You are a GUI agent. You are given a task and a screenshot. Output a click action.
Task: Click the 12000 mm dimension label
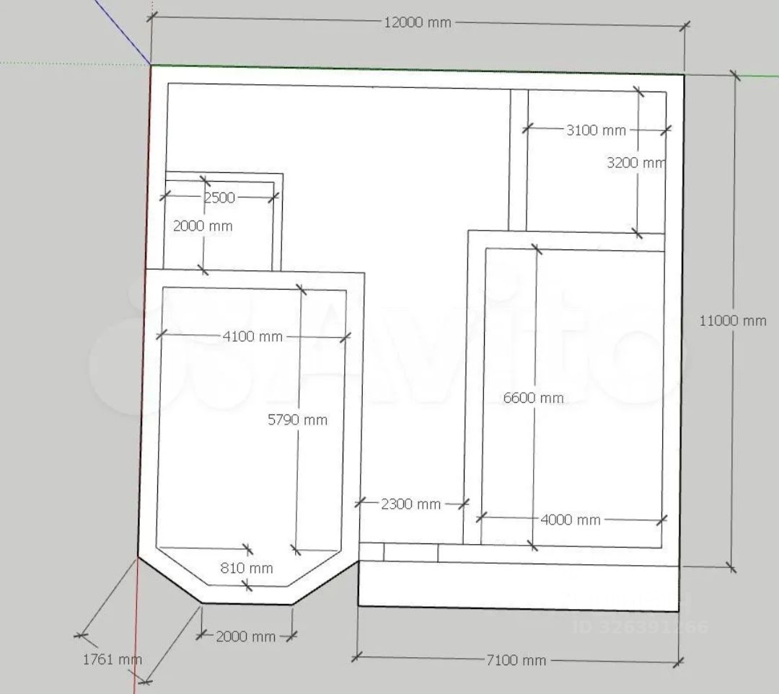click(418, 22)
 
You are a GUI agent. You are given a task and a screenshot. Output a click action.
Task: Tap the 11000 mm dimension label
click(733, 321)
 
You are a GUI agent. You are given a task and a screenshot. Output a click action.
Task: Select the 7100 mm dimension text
click(516, 660)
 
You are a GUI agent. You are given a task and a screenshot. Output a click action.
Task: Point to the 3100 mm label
click(597, 130)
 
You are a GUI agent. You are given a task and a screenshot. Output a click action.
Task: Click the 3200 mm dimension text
click(636, 162)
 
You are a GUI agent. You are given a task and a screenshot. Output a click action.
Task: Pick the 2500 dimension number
click(219, 197)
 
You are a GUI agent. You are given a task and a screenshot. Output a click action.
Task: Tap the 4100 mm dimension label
click(252, 337)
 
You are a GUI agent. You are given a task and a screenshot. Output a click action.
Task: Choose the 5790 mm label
click(298, 420)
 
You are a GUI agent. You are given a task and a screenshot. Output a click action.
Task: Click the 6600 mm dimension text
click(534, 398)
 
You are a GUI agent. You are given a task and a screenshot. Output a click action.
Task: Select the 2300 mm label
click(411, 504)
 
